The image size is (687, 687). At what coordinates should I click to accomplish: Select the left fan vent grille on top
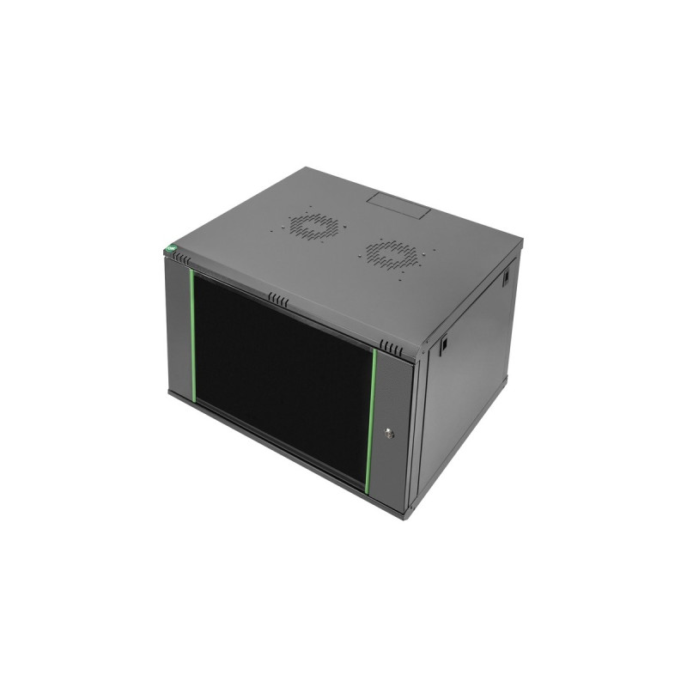[x=313, y=226]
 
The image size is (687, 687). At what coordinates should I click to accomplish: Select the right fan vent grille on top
[x=392, y=254]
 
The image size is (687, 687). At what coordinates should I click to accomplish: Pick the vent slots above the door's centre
[x=277, y=300]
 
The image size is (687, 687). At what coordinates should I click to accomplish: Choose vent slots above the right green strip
[x=391, y=349]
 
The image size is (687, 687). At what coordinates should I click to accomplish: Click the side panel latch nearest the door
[x=444, y=345]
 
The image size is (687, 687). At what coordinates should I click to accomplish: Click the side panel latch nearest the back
[x=507, y=277]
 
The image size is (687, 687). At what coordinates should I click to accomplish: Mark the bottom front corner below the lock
[x=405, y=514]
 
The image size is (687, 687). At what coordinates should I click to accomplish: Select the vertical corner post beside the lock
[x=412, y=429]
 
